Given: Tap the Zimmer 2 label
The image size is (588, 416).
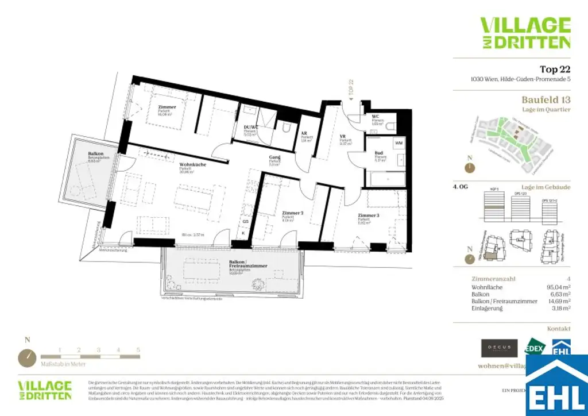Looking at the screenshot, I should (x=292, y=213).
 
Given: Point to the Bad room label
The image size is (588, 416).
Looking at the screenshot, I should (x=378, y=153).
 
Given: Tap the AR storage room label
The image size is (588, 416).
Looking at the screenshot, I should (x=304, y=133).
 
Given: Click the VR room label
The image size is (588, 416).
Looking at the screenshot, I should (x=342, y=136).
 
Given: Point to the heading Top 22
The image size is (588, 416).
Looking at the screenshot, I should (x=555, y=70).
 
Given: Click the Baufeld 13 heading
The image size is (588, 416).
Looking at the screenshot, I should (x=546, y=99).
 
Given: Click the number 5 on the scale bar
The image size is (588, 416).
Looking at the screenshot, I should (x=138, y=349).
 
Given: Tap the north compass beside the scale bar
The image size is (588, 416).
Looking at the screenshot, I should (x=27, y=357).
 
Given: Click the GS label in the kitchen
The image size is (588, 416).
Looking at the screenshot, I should (x=245, y=221).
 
